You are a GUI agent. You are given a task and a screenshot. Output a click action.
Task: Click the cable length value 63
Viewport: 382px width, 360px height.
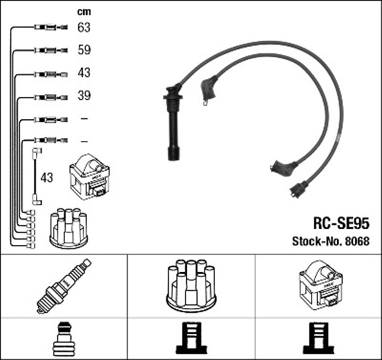click(x=84, y=27)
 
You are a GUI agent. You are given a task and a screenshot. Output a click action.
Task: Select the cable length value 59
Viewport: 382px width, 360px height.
click(x=84, y=50)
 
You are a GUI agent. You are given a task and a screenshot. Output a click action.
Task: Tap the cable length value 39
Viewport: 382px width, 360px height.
click(x=84, y=96)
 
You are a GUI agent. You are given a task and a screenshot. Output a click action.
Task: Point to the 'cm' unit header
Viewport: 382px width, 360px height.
click(x=84, y=12)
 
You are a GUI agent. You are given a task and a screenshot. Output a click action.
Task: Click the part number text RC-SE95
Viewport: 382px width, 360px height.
click(x=341, y=223)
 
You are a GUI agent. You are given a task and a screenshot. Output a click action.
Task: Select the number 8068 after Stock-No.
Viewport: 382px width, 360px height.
click(x=356, y=242)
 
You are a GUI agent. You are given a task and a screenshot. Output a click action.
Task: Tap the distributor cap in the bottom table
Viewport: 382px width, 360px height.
click(x=191, y=285)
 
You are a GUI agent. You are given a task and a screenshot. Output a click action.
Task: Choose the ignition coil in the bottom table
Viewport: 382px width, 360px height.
click(x=319, y=285)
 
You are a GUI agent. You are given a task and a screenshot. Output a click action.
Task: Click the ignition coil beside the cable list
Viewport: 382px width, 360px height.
click(x=91, y=177)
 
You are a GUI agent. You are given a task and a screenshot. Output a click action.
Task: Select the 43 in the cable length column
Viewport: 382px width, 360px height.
click(x=84, y=73)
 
